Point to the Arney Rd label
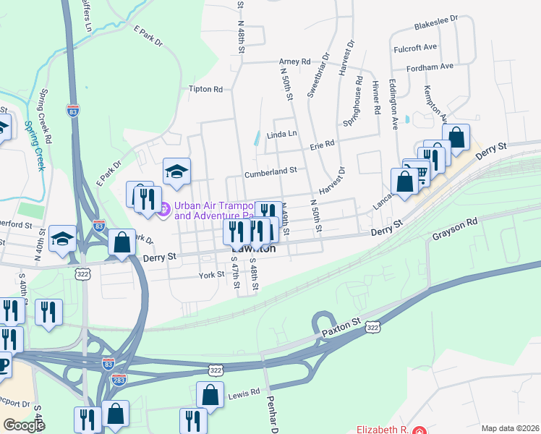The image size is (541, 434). [x=294, y=62]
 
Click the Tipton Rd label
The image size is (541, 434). [x=205, y=90]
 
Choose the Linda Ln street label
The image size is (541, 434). [x=281, y=135]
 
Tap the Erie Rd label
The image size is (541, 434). [x=322, y=144]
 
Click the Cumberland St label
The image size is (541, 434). [x=270, y=171]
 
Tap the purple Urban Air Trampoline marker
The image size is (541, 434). [x=163, y=209]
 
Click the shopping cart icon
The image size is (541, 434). [x=419, y=171]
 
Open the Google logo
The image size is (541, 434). [x=24, y=425]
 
